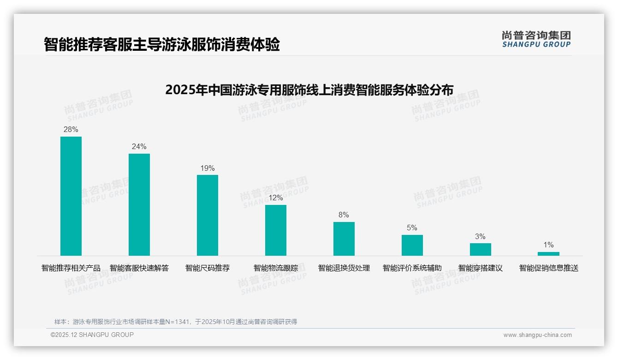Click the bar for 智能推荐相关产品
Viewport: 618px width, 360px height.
(71, 196)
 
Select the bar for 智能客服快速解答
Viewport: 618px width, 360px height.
(139, 204)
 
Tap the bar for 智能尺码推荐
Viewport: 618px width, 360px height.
(208, 215)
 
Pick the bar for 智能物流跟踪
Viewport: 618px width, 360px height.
(276, 230)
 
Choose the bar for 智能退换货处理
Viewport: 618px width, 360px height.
(344, 239)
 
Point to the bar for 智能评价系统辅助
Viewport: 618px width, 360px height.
(412, 245)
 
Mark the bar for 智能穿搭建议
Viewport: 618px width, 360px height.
(481, 249)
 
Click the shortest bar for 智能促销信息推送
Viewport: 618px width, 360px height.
(548, 253)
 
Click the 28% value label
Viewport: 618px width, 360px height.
(71, 130)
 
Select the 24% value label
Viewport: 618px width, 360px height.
(139, 147)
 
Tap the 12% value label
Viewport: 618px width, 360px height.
(276, 198)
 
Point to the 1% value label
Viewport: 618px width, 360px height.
(548, 245)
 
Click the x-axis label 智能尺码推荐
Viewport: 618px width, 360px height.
(208, 268)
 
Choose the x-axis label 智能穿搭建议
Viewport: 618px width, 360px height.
(481, 268)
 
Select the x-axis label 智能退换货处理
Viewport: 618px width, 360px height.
(344, 268)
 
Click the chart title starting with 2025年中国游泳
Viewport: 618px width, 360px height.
(309, 90)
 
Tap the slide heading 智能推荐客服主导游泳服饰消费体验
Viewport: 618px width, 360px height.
(162, 45)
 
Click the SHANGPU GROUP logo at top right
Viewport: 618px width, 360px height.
(536, 39)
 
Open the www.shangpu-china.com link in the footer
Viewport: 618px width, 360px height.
(537, 335)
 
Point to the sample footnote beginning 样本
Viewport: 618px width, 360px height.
(176, 322)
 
